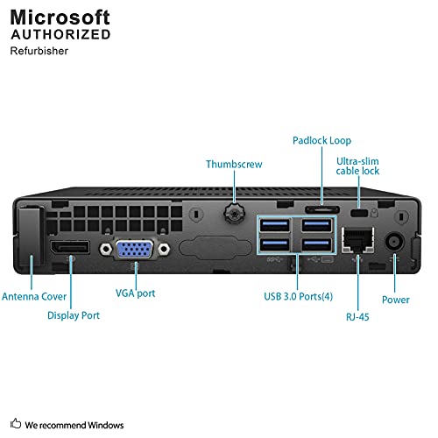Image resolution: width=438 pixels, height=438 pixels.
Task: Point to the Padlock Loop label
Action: click(x=321, y=140)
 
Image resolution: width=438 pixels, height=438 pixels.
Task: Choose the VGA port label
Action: click(x=136, y=293)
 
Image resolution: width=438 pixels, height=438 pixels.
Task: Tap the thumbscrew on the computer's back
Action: click(x=234, y=213)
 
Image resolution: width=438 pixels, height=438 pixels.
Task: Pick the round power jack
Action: click(x=394, y=242)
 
